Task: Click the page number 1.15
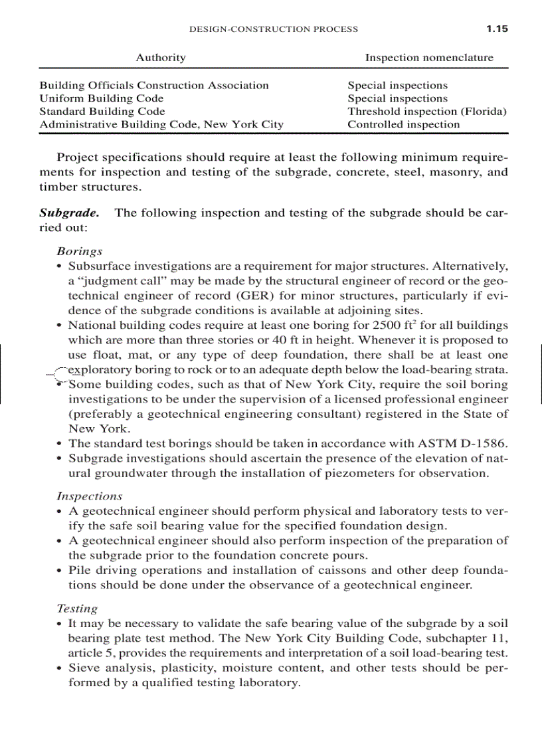496,29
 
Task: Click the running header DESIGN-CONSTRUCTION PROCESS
274,29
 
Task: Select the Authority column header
161,58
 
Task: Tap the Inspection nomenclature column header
429,58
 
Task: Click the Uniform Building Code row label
102,98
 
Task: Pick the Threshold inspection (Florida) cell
427,112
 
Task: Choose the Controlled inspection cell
404,124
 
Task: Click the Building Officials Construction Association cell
154,85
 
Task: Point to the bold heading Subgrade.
69,213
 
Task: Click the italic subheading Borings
79,251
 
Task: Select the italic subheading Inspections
89,496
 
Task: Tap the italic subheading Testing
77,608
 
